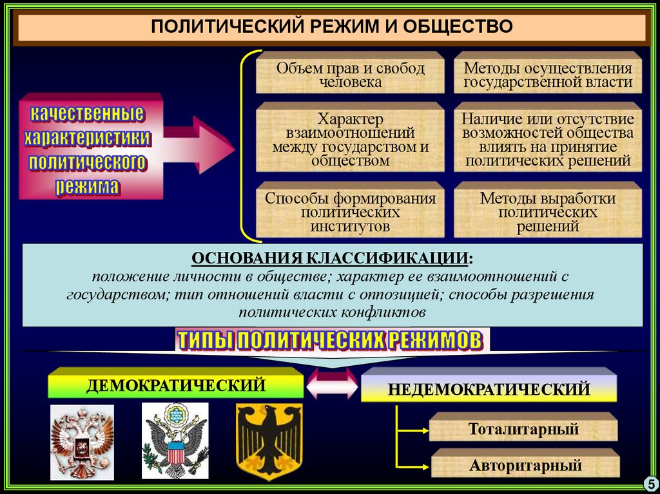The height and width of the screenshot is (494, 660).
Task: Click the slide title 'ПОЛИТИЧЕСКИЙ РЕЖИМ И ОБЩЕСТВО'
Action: pyautogui.click(x=331, y=27)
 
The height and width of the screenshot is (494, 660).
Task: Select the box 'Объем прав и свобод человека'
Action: pyautogui.click(x=350, y=75)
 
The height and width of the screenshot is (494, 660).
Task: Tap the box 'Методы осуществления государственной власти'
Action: pyautogui.click(x=548, y=75)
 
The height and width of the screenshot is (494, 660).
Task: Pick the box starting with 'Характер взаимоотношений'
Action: pyautogui.click(x=350, y=139)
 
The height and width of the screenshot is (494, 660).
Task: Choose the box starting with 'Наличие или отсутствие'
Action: pyautogui.click(x=548, y=139)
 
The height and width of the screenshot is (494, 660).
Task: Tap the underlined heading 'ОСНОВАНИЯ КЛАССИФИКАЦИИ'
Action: pyautogui.click(x=331, y=259)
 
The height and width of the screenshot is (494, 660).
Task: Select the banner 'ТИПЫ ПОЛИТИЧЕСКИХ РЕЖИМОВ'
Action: pyautogui.click(x=329, y=340)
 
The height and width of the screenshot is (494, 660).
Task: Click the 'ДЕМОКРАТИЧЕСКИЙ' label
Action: pyautogui.click(x=176, y=385)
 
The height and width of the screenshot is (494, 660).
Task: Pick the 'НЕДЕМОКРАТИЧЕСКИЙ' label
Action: pyautogui.click(x=489, y=389)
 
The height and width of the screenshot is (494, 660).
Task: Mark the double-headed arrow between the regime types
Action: pyautogui.click(x=332, y=388)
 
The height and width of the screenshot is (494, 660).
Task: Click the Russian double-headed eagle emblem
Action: pyautogui.click(x=82, y=443)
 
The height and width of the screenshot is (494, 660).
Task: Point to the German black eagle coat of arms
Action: pyautogui.click(x=269, y=442)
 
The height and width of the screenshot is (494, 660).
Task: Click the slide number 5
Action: pyautogui.click(x=648, y=483)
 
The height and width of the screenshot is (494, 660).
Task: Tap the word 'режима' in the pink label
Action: pyautogui.click(x=88, y=187)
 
